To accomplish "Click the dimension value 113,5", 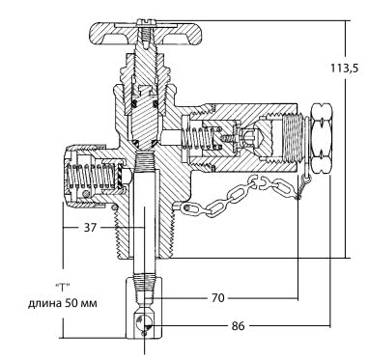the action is pyautogui.click(x=344, y=68).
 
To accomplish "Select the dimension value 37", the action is pyautogui.click(x=90, y=228).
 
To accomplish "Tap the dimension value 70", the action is pyautogui.click(x=217, y=297).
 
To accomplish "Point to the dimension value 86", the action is pyautogui.click(x=238, y=326).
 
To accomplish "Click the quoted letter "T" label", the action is pyautogui.click(x=63, y=287).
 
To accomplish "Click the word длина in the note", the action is pyautogui.click(x=43, y=303).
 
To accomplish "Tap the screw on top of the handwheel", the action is pyautogui.click(x=146, y=22).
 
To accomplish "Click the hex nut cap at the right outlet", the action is pyautogui.click(x=321, y=138).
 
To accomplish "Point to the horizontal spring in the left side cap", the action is pyautogui.click(x=90, y=177).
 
